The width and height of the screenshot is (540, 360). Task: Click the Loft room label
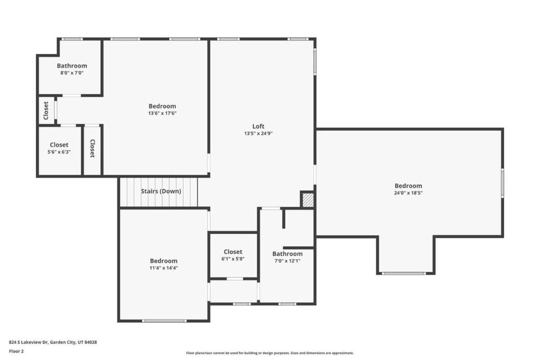pyautogui.click(x=258, y=127)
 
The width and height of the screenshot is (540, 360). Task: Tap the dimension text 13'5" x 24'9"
pyautogui.click(x=258, y=133)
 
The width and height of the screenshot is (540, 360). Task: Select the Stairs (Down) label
pyautogui.click(x=161, y=191)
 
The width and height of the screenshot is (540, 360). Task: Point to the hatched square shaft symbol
pyautogui.click(x=308, y=200)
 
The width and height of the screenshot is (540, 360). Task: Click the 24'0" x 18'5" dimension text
pyautogui.click(x=408, y=193)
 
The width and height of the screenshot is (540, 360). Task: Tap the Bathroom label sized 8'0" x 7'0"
pyautogui.click(x=72, y=66)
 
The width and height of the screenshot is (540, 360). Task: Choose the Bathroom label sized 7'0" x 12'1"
pyautogui.click(x=287, y=254)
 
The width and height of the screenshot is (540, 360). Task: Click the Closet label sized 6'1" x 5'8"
pyautogui.click(x=233, y=252)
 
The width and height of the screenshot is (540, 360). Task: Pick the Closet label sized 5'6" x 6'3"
pyautogui.click(x=59, y=145)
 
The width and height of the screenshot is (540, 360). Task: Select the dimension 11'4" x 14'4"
pyautogui.click(x=164, y=268)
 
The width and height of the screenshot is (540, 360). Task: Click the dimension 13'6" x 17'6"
pyautogui.click(x=162, y=113)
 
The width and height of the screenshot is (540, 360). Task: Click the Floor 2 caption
pyautogui.click(x=16, y=352)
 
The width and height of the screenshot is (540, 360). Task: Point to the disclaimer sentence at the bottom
pyautogui.click(x=269, y=353)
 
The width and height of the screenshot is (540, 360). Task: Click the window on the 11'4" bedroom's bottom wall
pyautogui.click(x=164, y=321)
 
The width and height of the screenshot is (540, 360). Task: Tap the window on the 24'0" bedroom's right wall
pyautogui.click(x=502, y=183)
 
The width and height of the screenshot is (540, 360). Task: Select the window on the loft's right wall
pyautogui.click(x=315, y=62)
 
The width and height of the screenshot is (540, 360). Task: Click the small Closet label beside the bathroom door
pyautogui.click(x=46, y=110)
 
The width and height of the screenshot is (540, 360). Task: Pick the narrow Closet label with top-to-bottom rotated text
pyautogui.click(x=92, y=148)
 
